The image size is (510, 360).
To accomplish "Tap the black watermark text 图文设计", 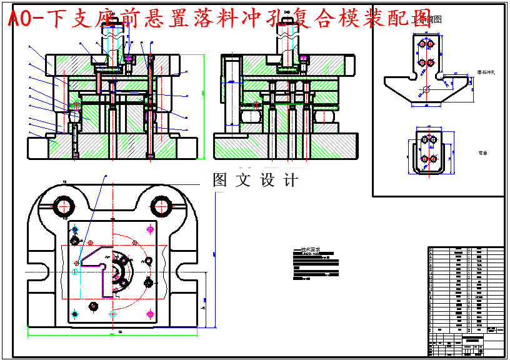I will pyautogui.click(x=255, y=181).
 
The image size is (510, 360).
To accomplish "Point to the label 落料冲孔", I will pyautogui.click(x=486, y=72).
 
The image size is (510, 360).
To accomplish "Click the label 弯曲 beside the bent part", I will pyautogui.click(x=481, y=152).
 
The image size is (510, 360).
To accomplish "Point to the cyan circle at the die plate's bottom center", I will pyautogui.click(x=112, y=312).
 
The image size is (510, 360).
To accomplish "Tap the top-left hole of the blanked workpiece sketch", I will pyautogui.click(x=421, y=45).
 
